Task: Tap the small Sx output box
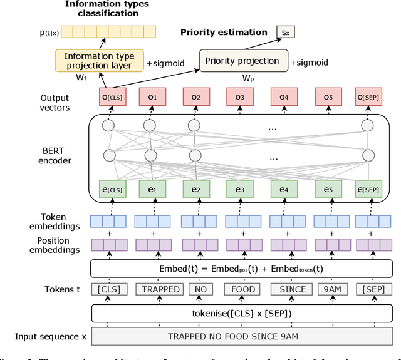(x=286, y=31)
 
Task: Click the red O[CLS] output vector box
(x=108, y=98)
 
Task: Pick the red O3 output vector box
(x=239, y=98)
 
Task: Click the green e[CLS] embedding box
(x=108, y=189)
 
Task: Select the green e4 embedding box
(x=283, y=189)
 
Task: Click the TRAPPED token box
(x=160, y=289)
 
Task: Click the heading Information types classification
(x=107, y=9)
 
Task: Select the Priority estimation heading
(x=223, y=32)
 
